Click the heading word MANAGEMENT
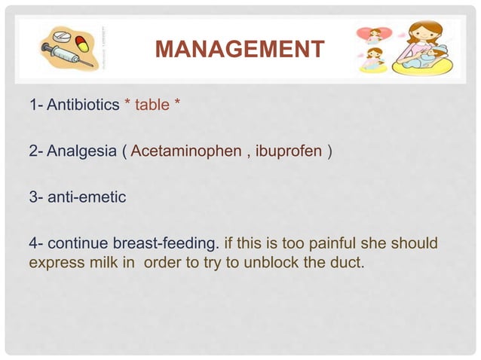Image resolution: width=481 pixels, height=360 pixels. pos(239,50)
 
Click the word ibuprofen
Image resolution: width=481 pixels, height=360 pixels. pos(289,153)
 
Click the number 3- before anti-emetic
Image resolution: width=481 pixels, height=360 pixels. pos(36,198)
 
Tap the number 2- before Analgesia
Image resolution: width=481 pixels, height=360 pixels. pos(36,153)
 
